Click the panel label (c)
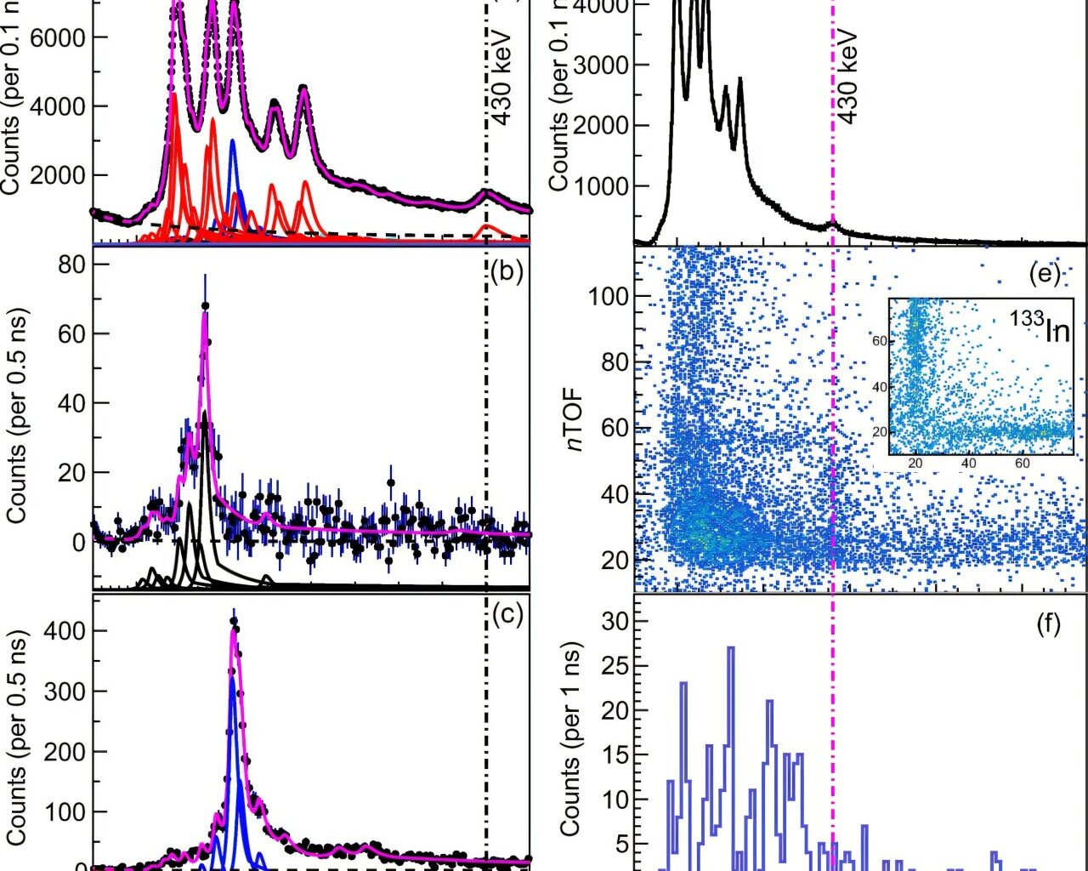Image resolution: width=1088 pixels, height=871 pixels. pyautogui.click(x=507, y=614)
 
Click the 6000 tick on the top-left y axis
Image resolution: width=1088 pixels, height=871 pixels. pyautogui.click(x=58, y=37)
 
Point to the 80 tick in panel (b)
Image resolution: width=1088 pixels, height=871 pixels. pyautogui.click(x=71, y=265)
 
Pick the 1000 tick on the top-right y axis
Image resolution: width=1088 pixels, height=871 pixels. pyautogui.click(x=599, y=186)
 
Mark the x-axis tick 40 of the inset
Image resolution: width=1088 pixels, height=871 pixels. pyautogui.click(x=969, y=464)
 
